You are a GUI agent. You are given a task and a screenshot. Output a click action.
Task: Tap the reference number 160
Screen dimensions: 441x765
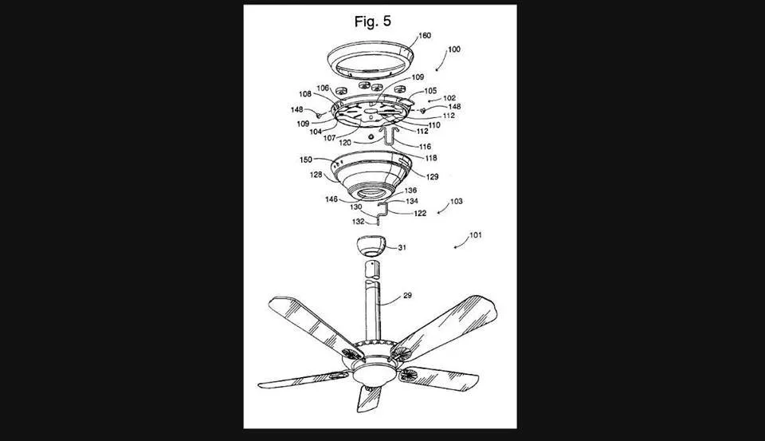(425, 35)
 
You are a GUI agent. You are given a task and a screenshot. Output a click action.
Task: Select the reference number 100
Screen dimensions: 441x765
(453, 49)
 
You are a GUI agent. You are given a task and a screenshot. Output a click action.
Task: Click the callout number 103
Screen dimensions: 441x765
(456, 202)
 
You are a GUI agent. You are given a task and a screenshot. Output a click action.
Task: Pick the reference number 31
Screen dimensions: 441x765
(402, 248)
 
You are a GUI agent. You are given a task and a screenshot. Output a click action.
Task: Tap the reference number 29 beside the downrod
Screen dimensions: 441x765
(407, 296)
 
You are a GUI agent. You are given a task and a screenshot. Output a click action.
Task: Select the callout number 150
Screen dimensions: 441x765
(307, 159)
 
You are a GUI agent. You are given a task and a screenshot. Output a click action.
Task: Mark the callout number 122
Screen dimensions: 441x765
(419, 214)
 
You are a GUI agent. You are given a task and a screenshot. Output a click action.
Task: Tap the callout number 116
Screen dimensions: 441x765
(425, 148)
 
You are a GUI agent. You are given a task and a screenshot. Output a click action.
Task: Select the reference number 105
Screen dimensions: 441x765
(430, 91)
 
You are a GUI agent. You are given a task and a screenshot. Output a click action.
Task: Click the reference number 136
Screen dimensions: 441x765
(410, 191)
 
